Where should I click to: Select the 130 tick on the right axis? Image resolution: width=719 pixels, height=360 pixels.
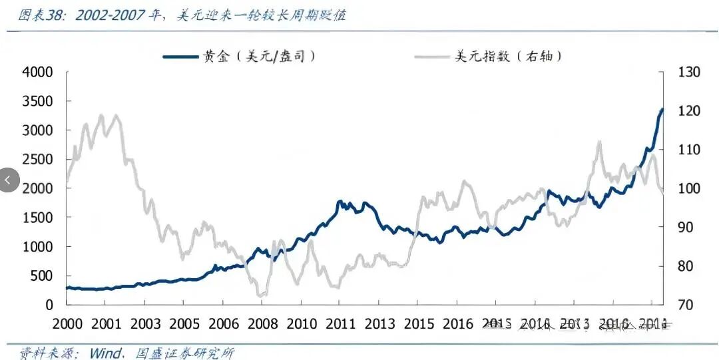tap(689, 72)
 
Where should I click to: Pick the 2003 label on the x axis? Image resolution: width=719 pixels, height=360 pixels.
tap(145, 323)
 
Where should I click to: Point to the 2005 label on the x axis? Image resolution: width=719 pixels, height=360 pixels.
tap(184, 323)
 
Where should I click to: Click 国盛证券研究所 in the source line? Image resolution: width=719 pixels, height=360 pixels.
tap(188, 353)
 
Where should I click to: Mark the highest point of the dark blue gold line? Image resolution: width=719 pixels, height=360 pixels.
tap(662, 109)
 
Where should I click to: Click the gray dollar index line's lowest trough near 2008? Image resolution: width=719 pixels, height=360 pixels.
tap(261, 295)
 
